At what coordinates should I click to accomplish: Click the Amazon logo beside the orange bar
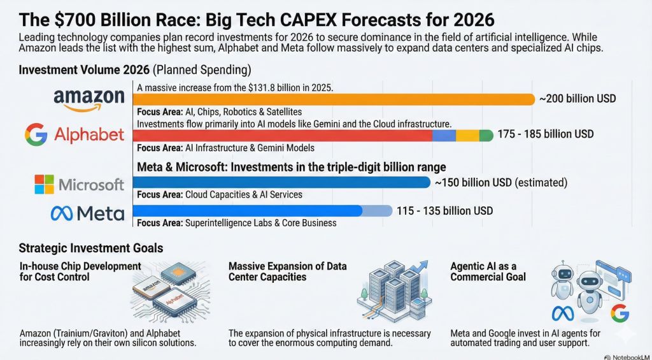tap(89, 99)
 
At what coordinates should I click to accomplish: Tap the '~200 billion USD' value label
tap(578, 99)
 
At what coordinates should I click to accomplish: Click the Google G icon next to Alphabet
tap(36, 134)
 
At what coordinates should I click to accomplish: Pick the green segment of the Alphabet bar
tap(486, 135)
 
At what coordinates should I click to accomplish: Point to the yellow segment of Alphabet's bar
tap(467, 135)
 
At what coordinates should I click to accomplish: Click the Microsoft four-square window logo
tap(45, 185)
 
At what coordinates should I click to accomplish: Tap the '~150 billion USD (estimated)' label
tap(500, 183)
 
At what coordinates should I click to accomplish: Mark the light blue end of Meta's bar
tap(378, 211)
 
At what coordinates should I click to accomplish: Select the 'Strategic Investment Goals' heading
tap(90, 248)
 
